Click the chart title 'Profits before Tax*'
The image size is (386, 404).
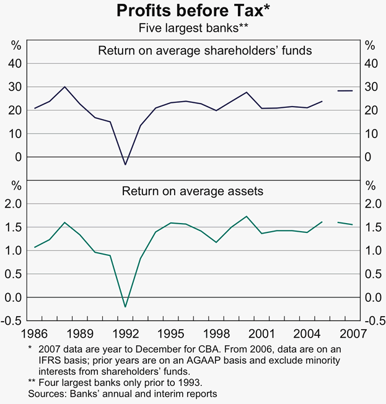[193, 11]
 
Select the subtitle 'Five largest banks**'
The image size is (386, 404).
[193, 28]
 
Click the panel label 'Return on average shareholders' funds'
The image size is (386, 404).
[205, 50]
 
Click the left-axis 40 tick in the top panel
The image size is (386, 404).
[16, 63]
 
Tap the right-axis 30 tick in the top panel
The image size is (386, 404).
[370, 87]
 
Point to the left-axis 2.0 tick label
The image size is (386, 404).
[15, 204]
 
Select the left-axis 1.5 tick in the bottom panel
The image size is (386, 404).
[15, 227]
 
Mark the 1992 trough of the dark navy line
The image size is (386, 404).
[125, 164]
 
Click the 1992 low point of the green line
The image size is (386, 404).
[125, 307]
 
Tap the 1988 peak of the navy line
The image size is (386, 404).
[65, 87]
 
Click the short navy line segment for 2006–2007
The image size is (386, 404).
[344, 90]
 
